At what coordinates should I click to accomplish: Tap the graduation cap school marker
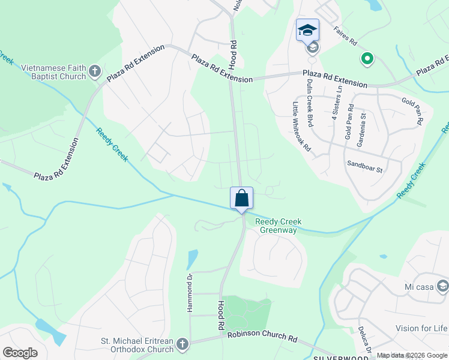click(x=307, y=31)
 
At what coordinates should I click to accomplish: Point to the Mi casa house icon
click(x=443, y=286)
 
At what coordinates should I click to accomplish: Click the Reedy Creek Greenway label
click(x=278, y=226)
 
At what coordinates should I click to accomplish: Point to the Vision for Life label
click(x=422, y=328)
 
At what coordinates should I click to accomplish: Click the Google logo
click(x=20, y=353)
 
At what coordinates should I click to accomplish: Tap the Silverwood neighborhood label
click(x=340, y=358)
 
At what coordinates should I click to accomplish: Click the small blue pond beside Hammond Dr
click(x=192, y=259)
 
